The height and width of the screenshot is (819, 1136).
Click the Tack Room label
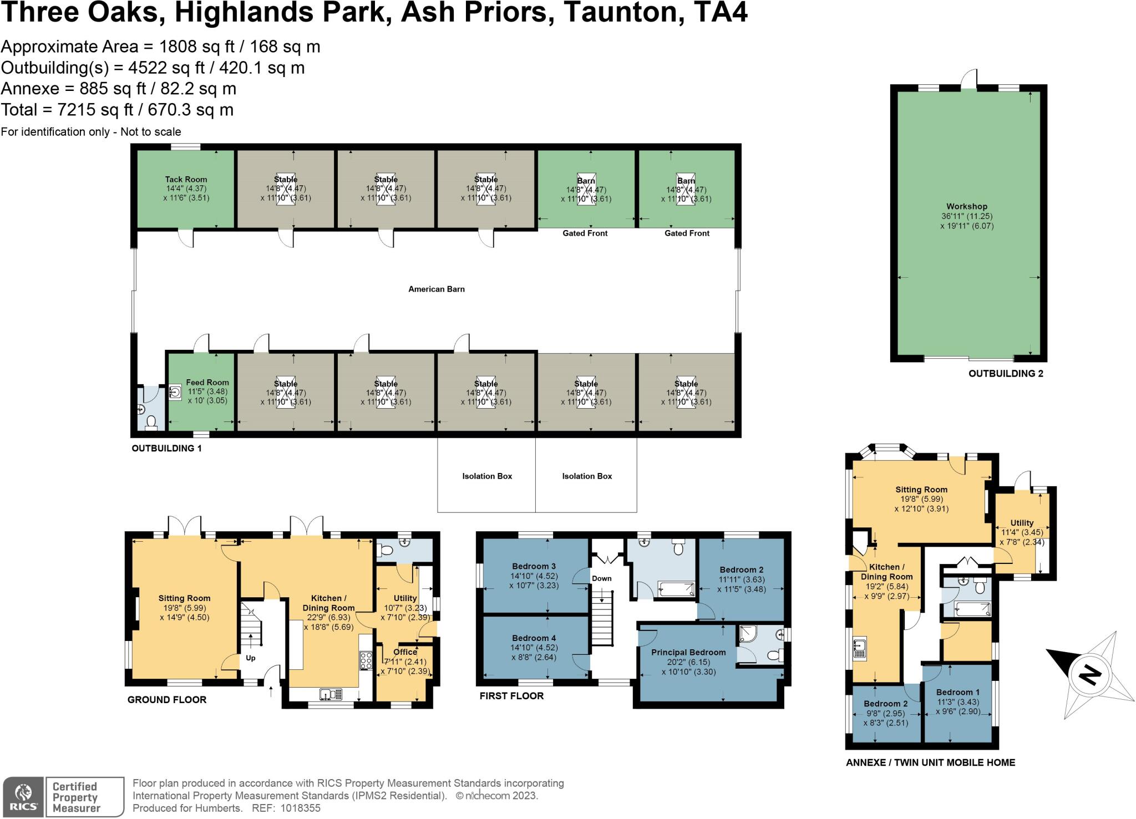pyautogui.click(x=186, y=179)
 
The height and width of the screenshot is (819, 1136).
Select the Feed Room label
pyautogui.click(x=207, y=382)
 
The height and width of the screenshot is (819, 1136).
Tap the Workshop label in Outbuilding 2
pyautogui.click(x=967, y=206)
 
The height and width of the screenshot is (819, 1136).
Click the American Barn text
pyautogui.click(x=436, y=289)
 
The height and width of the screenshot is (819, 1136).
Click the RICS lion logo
pyautogui.click(x=24, y=797)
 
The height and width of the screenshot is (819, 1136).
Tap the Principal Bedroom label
pyautogui.click(x=688, y=652)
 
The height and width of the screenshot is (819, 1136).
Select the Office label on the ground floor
pyautogui.click(x=405, y=652)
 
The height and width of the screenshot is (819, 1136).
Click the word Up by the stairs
pyautogui.click(x=251, y=658)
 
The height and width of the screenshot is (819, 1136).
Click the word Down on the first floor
pyautogui.click(x=601, y=578)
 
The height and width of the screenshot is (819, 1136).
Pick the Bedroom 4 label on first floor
pyautogui.click(x=534, y=638)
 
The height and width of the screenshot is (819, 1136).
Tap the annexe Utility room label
pyautogui.click(x=1022, y=522)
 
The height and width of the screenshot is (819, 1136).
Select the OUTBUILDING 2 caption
pyautogui.click(x=1005, y=374)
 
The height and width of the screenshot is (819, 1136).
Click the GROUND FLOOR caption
pyautogui.click(x=167, y=700)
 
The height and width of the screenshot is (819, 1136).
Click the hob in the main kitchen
pyautogui.click(x=366, y=660)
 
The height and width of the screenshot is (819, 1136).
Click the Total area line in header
pyautogui.click(x=117, y=110)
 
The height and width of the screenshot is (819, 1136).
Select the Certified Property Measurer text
pyautogui.click(x=76, y=797)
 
